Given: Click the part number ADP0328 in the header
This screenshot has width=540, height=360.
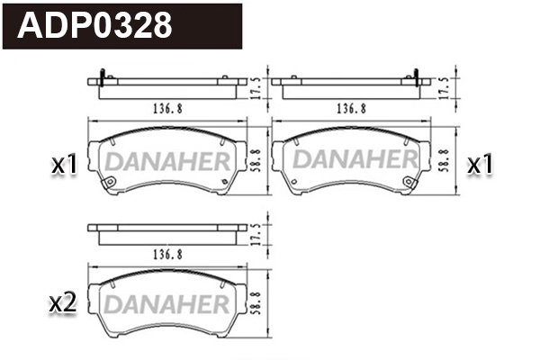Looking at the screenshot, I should click(x=95, y=25).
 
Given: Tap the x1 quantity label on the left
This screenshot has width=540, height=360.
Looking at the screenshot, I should click(x=64, y=165).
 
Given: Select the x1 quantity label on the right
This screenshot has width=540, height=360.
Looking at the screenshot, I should click(x=481, y=165).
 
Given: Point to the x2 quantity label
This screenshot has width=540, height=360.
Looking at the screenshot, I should click(x=62, y=303).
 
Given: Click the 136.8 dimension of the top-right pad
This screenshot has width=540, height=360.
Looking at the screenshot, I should click(x=350, y=108).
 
